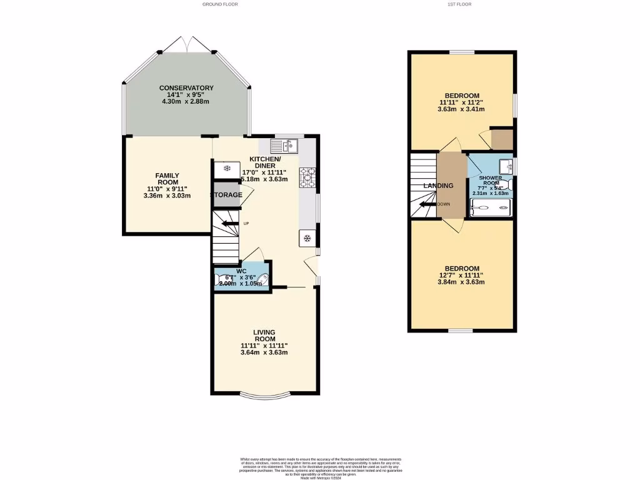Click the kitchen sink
point(284,146)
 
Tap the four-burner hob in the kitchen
point(308,177)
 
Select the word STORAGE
point(226,195)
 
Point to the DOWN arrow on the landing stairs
point(429,204)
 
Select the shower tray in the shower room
point(490,208)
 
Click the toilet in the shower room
point(507,186)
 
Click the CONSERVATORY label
point(186,88)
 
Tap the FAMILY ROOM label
point(167,179)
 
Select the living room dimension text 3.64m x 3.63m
point(264,352)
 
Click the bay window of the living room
point(264,396)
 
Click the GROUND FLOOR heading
point(218,4)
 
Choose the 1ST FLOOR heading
point(459,4)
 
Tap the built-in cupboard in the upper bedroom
point(501,140)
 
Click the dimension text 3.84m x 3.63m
point(462,281)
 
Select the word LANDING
point(438,186)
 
